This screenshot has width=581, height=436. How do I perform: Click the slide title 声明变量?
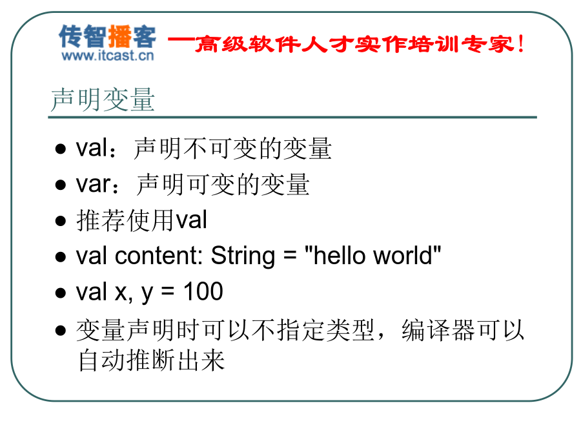[x=102, y=99]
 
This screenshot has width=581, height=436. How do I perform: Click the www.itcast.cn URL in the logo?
[x=108, y=56]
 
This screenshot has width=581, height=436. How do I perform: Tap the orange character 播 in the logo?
[x=119, y=36]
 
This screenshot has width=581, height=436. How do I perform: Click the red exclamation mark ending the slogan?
[x=521, y=44]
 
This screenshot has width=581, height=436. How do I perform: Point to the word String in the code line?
[x=243, y=256]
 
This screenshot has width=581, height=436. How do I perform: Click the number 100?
[x=203, y=291]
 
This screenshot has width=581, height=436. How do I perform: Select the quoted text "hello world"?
[x=372, y=255]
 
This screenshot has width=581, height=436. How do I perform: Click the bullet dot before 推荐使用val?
[x=61, y=222]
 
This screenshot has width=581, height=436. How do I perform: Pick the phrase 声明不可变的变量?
[x=232, y=149]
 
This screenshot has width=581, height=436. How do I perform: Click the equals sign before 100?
[x=168, y=292]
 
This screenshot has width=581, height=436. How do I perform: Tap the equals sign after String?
[x=290, y=255]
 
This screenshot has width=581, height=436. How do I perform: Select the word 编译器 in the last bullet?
[x=438, y=330]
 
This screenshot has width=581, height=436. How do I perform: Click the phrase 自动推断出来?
[x=152, y=360]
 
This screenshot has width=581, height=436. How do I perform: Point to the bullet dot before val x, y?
[x=61, y=293]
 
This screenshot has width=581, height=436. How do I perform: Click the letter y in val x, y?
[x=147, y=295]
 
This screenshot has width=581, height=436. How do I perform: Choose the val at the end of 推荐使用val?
[x=191, y=220]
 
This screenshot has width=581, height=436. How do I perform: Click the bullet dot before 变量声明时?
[x=61, y=330]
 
